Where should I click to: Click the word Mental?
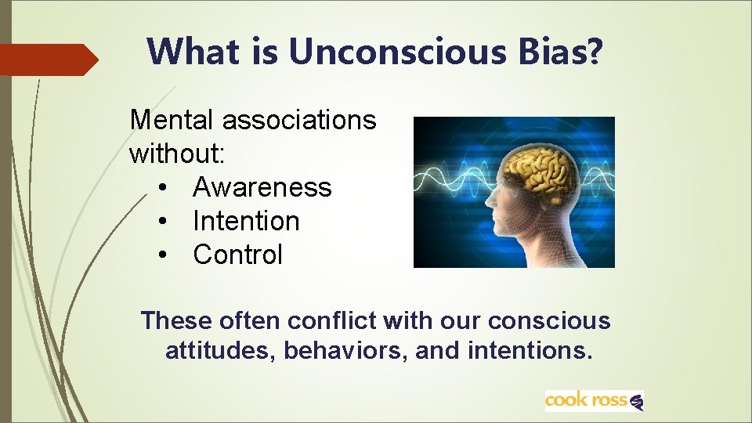[172, 120]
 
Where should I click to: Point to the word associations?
[299, 120]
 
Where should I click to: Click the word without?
[178, 154]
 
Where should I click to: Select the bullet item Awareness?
[262, 187]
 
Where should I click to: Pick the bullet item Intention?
[246, 221]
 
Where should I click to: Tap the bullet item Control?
[237, 255]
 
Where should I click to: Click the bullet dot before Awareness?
[162, 188]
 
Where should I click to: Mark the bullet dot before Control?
[162, 255]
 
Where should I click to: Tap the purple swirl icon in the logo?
[636, 402]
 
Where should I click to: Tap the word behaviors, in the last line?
[345, 350]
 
